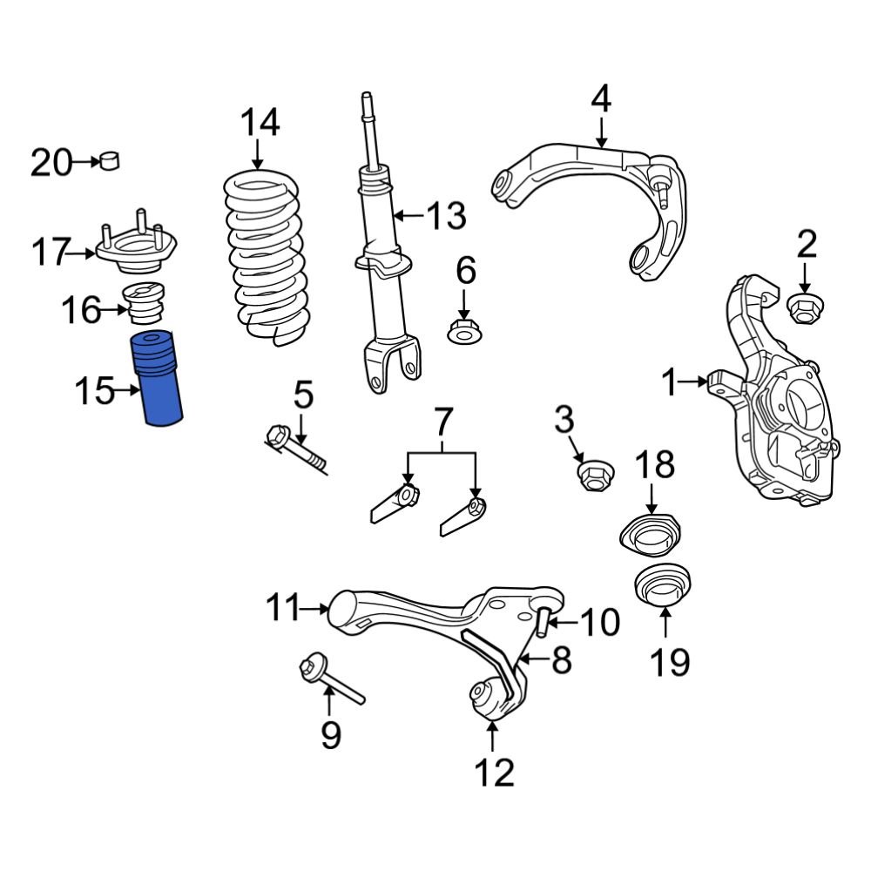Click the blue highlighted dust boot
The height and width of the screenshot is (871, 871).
pyautogui.click(x=159, y=379)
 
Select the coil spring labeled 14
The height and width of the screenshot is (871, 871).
pyautogui.click(x=267, y=257)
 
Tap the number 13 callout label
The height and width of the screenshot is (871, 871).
pyautogui.click(x=446, y=215)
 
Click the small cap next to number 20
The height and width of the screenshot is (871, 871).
pyautogui.click(x=111, y=161)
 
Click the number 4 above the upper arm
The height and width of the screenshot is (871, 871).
pyautogui.click(x=601, y=100)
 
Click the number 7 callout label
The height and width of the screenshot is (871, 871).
pyautogui.click(x=442, y=424)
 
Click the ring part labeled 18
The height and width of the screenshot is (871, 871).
pyautogui.click(x=650, y=536)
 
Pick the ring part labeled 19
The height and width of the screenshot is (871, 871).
pyautogui.click(x=664, y=584)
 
